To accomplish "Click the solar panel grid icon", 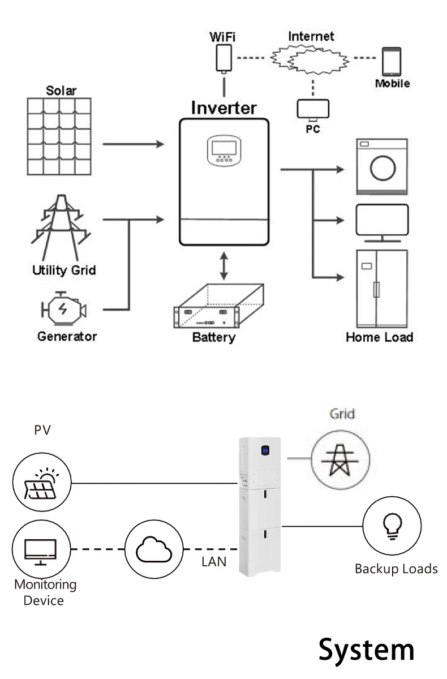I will pyautogui.click(x=60, y=136).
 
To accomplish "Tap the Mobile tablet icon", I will pyautogui.click(x=391, y=62).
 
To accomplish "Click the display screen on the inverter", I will pyautogui.click(x=223, y=147).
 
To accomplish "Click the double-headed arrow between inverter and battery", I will pyautogui.click(x=224, y=267).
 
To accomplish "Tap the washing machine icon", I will pyautogui.click(x=381, y=166).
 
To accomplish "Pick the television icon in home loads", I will pyautogui.click(x=381, y=221).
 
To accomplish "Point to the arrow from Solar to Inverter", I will pyautogui.click(x=134, y=144).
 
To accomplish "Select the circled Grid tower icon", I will pyautogui.click(x=340, y=457).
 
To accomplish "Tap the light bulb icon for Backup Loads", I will pyautogui.click(x=391, y=526).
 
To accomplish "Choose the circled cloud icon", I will pyautogui.click(x=154, y=548).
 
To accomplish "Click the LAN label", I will pyautogui.click(x=214, y=562).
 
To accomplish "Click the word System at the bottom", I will pyautogui.click(x=366, y=649).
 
